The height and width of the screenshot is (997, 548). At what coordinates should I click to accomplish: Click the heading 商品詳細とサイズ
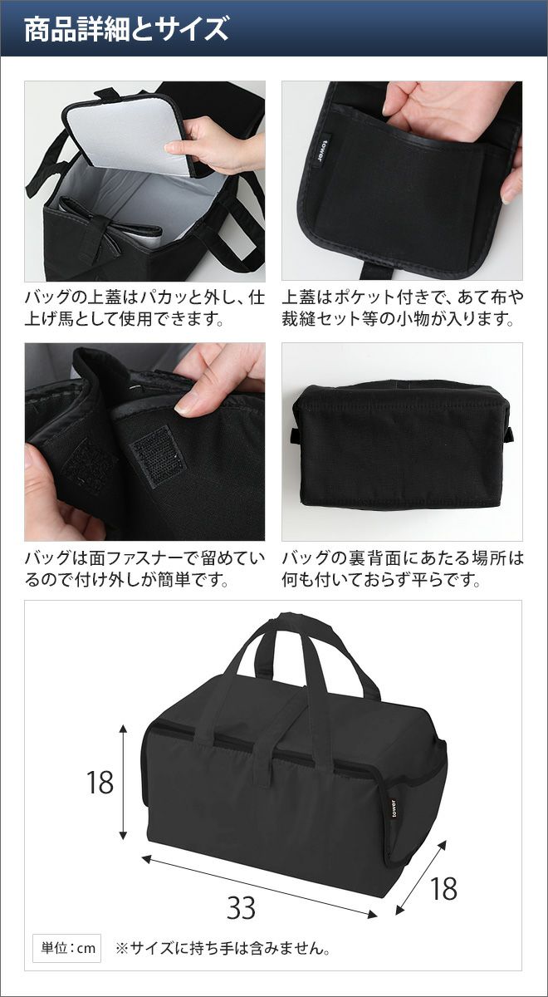point(126,29)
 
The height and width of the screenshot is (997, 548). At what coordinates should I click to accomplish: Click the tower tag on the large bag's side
point(394,812)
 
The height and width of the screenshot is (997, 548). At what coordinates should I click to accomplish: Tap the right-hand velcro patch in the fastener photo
point(159,457)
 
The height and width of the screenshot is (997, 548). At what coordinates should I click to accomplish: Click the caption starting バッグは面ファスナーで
point(144,569)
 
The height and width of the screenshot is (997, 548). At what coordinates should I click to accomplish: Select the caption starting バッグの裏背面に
point(403,569)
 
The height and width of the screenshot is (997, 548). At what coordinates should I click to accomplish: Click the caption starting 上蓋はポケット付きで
point(403,307)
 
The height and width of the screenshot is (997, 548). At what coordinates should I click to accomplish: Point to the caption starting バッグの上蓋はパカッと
point(144,307)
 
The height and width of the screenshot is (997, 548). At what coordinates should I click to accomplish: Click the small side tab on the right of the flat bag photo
point(509,434)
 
